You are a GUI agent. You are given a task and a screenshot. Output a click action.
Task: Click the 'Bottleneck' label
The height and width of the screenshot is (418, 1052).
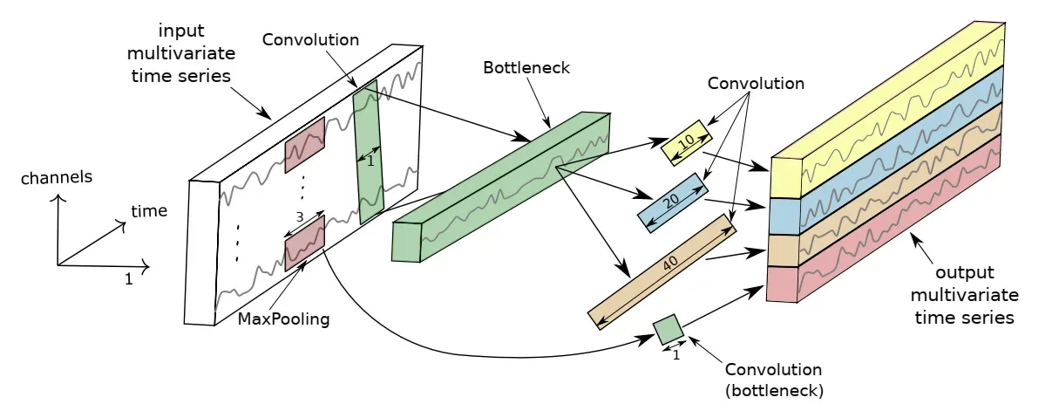point(526,68)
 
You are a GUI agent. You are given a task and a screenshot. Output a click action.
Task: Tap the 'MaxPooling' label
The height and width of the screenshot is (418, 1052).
point(283,319)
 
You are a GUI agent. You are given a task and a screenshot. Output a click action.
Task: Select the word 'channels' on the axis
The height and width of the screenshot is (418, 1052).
point(57,178)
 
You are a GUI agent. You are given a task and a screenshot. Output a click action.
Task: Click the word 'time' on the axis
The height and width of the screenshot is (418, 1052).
point(149,211)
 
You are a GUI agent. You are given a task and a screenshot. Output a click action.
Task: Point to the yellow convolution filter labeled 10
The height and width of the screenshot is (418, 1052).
point(686,143)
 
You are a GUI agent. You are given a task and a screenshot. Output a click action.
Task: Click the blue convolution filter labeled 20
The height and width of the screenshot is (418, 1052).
point(673,202)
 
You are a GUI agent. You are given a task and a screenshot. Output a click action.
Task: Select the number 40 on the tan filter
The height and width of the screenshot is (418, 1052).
point(670,264)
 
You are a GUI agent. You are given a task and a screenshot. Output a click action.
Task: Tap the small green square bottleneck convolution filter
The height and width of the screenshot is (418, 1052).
point(669,330)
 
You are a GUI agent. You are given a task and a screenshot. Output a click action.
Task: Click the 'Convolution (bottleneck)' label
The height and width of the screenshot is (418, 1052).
point(773,380)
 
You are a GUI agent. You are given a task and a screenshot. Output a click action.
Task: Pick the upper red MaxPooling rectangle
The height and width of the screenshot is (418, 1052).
point(305,145)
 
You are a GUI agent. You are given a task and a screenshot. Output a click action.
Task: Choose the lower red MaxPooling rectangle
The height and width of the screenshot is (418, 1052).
point(305,243)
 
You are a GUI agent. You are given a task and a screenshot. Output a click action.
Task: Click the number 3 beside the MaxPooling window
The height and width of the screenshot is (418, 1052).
point(300,216)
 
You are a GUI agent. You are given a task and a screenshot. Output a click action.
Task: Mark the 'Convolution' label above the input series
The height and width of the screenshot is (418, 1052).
point(310,40)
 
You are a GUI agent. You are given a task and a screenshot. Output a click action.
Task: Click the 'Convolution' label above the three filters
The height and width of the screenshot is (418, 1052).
point(756,84)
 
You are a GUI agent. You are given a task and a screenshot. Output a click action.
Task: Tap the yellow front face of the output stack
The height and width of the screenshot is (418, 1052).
point(785,178)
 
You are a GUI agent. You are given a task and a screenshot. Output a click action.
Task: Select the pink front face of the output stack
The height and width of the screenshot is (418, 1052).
point(782,284)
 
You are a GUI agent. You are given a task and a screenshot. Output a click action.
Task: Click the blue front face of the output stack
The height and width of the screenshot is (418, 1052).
point(784,216)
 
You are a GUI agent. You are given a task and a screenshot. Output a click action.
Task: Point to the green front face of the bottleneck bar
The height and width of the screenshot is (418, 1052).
point(407,242)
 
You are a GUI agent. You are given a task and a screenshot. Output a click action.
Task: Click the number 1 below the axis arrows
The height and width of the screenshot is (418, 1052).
point(129,280)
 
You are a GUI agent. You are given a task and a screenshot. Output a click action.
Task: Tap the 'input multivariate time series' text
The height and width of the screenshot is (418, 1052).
point(180,53)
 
